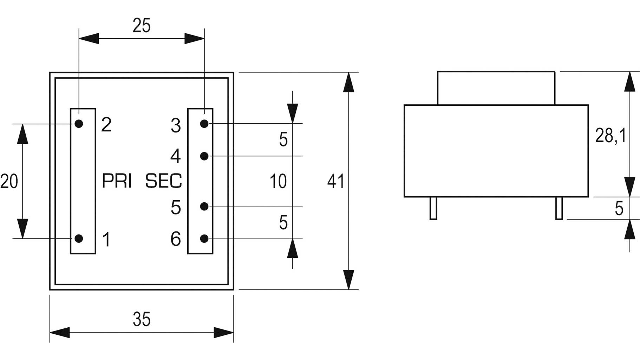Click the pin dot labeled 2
(x=79, y=124)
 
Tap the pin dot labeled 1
(x=79, y=238)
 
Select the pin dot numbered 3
(x=204, y=124)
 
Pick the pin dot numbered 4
(x=204, y=156)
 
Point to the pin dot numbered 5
(x=204, y=207)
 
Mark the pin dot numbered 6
(x=204, y=238)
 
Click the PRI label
(x=117, y=181)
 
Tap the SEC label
(x=164, y=181)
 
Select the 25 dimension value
(x=142, y=26)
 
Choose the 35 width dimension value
(x=142, y=319)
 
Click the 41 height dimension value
(x=335, y=181)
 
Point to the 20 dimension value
(x=9, y=182)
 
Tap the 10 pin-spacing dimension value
(x=278, y=181)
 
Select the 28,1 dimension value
(x=610, y=135)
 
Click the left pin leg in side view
(x=433, y=208)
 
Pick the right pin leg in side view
(x=559, y=208)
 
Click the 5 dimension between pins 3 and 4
(x=283, y=140)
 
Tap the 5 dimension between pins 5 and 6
(x=283, y=223)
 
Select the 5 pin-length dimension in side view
(x=619, y=209)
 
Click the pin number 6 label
(x=176, y=239)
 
